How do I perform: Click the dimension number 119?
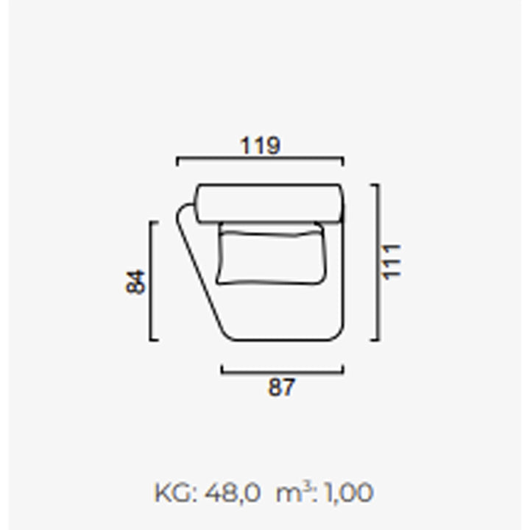260,146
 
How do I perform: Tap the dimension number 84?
135,282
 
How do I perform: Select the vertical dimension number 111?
390,262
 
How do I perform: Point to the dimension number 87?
281,387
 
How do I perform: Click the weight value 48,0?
232,492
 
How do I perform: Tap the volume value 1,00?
348,492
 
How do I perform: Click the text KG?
175,492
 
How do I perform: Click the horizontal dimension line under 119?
260,158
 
